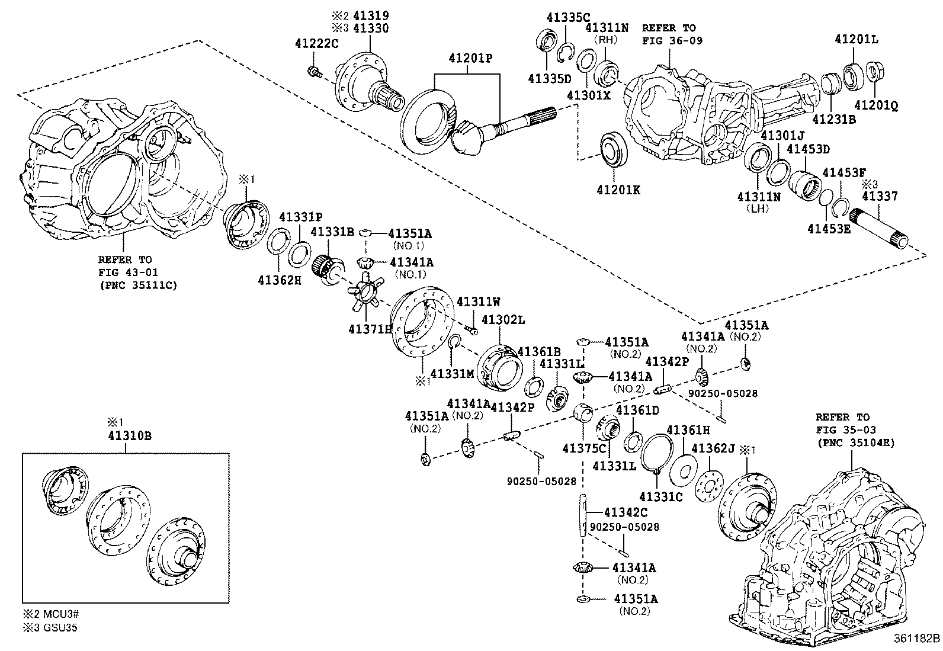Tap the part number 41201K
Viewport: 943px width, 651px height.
click(x=618, y=190)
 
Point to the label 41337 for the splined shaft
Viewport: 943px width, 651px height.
click(x=880, y=196)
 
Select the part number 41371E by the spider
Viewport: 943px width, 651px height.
click(x=370, y=329)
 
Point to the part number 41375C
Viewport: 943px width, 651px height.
click(x=585, y=448)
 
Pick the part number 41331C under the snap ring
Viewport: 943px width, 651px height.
click(x=660, y=497)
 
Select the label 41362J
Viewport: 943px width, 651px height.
click(x=713, y=448)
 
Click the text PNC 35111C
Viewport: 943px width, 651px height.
click(x=137, y=286)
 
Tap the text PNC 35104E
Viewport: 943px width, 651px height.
click(x=855, y=442)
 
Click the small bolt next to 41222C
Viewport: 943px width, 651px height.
click(x=314, y=72)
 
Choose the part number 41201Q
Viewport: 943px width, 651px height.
click(x=875, y=106)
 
